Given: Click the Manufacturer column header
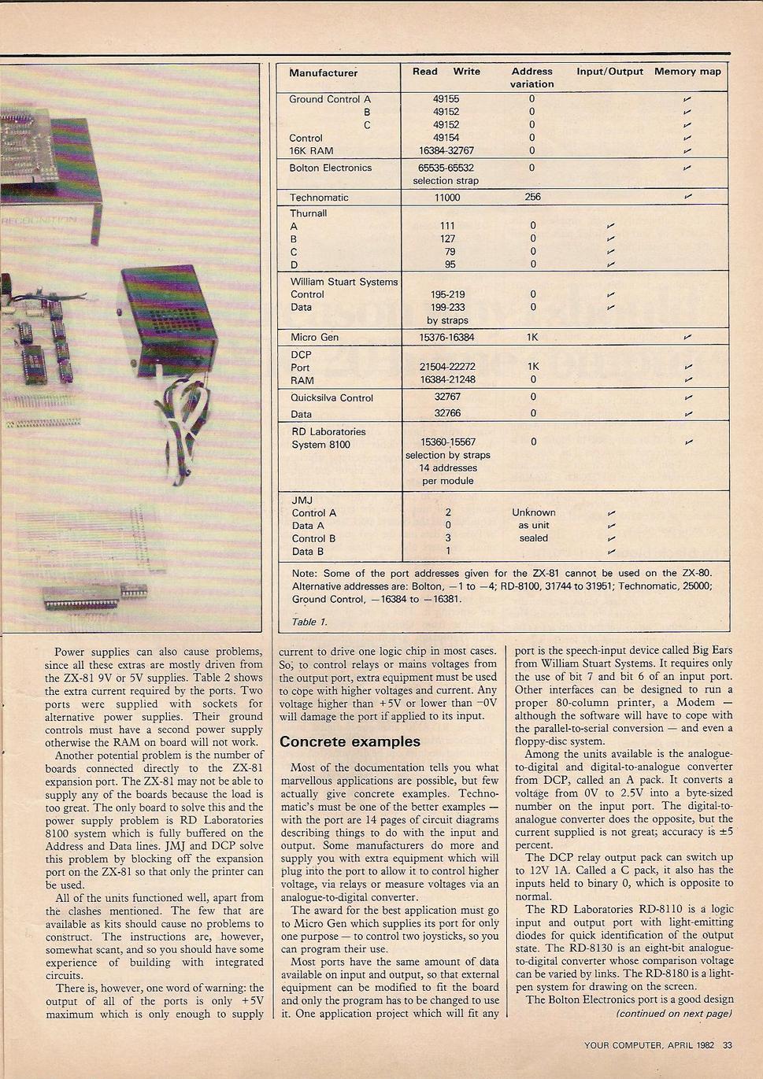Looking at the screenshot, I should coord(323,73).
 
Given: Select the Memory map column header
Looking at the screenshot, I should coord(687,72).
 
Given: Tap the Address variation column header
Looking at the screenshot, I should coord(532,77).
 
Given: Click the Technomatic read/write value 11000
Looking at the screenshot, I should coord(446,198).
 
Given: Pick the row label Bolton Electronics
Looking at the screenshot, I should coord(330,168).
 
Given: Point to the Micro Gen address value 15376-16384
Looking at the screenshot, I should coord(446,338).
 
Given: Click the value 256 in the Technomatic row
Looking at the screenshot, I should coord(532,198).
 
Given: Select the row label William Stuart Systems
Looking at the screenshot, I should coord(343,282).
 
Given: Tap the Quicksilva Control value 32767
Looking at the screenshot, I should coord(447,397).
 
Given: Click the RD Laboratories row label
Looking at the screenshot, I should coord(328,432).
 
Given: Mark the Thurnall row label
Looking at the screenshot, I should coord(308,213).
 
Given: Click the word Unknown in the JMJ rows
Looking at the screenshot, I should coord(533,512).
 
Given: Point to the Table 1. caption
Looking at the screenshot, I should coord(309,622).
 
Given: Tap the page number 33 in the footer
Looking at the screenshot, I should coord(727,1045).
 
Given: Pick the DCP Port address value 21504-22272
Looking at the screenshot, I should coord(447,368).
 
